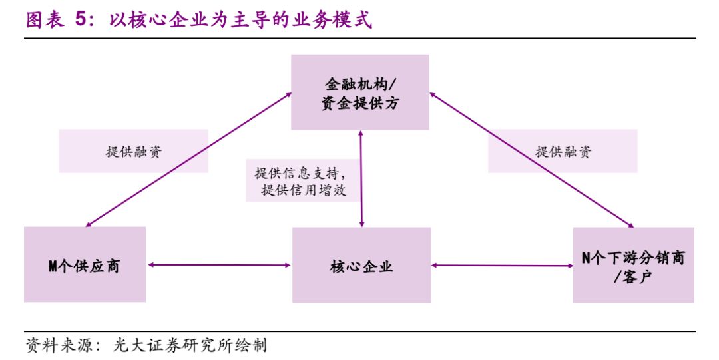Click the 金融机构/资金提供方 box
(x=360, y=92)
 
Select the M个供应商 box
(x=85, y=265)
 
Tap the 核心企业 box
(x=361, y=266)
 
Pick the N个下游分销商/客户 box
(x=633, y=265)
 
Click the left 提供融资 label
(x=133, y=151)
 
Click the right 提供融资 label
(x=563, y=151)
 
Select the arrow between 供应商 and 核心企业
(x=220, y=266)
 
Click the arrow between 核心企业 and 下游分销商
(x=503, y=266)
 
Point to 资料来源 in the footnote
(x=53, y=346)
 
